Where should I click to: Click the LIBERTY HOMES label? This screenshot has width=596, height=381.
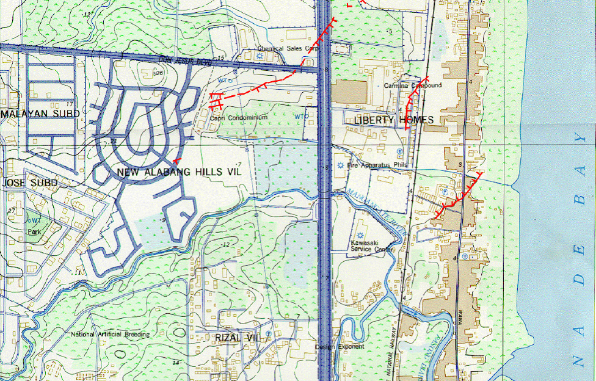click(394, 120)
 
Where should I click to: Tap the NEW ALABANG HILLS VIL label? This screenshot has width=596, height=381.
click(179, 173)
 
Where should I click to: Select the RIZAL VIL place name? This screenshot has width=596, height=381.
click(237, 337)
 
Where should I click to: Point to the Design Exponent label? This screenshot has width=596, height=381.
click(339, 347)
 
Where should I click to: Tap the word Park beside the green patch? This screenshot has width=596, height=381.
click(34, 232)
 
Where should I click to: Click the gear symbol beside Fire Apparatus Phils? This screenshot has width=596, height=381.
click(340, 165)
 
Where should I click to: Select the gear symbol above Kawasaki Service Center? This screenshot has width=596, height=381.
click(361, 236)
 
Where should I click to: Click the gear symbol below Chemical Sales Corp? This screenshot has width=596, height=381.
click(260, 56)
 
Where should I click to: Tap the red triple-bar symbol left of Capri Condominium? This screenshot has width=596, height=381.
click(217, 101)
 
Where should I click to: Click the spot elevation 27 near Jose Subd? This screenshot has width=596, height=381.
click(12, 211)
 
